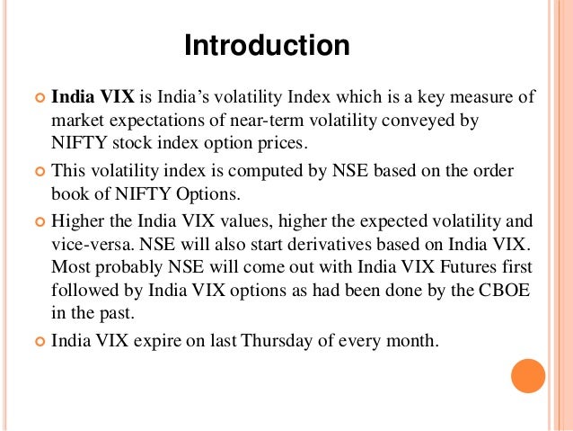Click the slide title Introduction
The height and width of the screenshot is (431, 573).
tap(267, 45)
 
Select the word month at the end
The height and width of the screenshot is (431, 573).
tap(414, 342)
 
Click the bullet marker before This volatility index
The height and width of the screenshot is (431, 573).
tap(39, 170)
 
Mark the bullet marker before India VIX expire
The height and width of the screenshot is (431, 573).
tap(39, 343)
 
